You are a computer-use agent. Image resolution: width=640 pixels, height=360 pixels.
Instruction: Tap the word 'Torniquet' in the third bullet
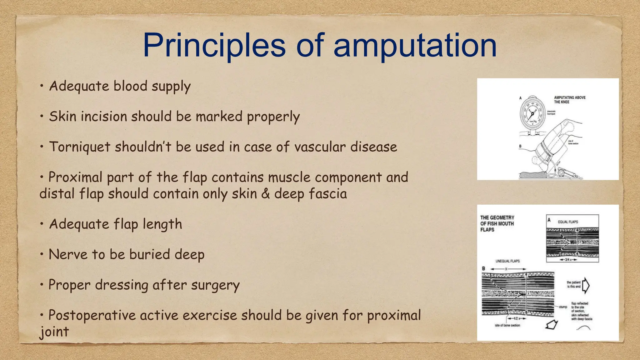(x=80, y=147)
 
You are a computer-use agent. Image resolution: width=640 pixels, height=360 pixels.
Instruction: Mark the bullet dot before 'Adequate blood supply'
(x=42, y=86)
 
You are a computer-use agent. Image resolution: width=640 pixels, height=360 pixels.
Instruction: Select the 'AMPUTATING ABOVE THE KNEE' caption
(x=570, y=100)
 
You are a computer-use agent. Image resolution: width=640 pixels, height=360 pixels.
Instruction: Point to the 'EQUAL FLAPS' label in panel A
(x=568, y=222)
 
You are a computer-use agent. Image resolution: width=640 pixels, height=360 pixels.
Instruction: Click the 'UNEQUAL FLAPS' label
(x=507, y=261)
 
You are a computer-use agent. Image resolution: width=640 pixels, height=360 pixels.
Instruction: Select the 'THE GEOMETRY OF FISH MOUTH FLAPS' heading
(x=497, y=223)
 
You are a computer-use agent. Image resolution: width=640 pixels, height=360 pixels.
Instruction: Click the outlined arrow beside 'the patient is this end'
(x=586, y=286)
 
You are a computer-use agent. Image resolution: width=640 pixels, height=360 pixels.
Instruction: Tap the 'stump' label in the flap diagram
(x=563, y=307)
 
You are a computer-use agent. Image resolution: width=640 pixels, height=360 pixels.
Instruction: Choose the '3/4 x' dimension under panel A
(x=567, y=260)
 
